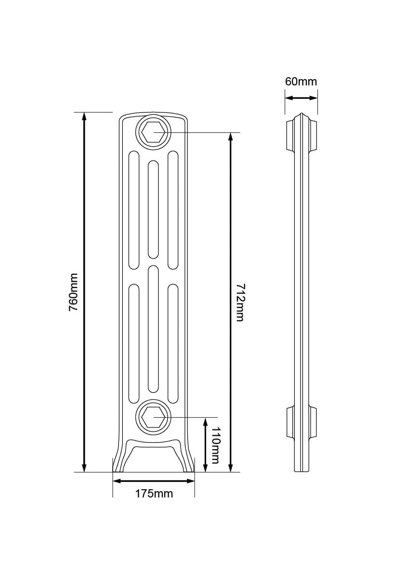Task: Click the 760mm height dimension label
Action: (x=73, y=292)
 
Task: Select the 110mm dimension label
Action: (x=215, y=445)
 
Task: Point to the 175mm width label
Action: (x=154, y=494)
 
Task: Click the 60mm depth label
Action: (x=301, y=82)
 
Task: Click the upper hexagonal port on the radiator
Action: (x=154, y=131)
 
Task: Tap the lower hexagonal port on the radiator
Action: (x=154, y=417)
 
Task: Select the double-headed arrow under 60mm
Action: (x=301, y=98)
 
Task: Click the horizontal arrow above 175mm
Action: (x=154, y=481)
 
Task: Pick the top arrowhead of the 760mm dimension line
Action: (x=84, y=116)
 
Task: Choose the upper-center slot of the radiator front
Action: (x=154, y=209)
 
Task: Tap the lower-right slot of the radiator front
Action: (x=173, y=343)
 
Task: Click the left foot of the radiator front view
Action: (x=119, y=461)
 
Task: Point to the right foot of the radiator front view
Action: (x=188, y=461)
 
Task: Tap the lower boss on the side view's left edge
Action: (x=290, y=422)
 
